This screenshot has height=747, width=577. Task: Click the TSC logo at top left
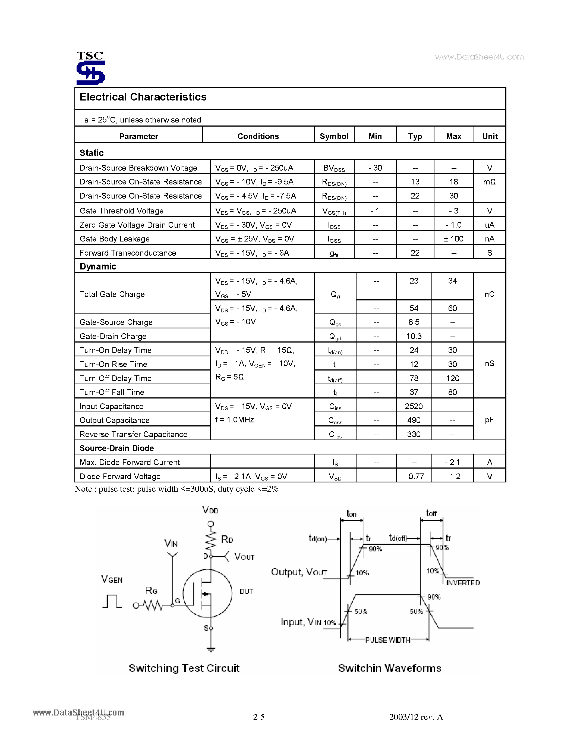[90, 68]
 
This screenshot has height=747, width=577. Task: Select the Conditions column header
[258, 136]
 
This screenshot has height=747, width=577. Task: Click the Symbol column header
[334, 136]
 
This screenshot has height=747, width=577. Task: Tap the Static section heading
[92, 153]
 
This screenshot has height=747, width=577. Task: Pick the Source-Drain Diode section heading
[116, 448]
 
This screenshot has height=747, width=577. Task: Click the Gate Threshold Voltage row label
[121, 211]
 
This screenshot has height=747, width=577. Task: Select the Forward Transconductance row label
[128, 253]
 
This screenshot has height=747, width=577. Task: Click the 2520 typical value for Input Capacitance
[414, 406]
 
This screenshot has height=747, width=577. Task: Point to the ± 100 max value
[453, 239]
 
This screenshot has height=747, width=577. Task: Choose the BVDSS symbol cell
[334, 168]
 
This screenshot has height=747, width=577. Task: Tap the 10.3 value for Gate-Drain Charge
[414, 336]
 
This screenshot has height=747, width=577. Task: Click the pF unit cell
[489, 420]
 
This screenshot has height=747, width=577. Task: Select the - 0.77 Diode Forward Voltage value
[414, 476]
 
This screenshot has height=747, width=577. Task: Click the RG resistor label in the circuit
[151, 591]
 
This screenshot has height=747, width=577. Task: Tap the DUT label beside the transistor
[246, 591]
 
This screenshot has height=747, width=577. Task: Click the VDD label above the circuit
[210, 510]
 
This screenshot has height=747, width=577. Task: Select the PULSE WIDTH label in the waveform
[388, 640]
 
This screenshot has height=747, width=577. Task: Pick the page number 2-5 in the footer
[259, 717]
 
